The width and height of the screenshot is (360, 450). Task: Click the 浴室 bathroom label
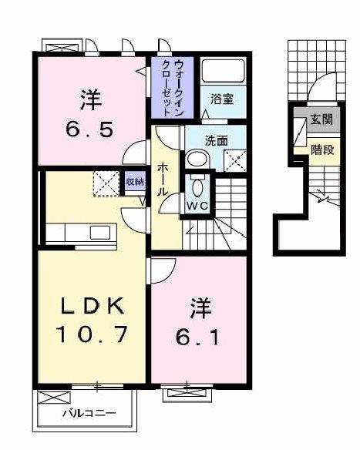click(x=223, y=99)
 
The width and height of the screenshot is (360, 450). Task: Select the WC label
click(x=198, y=207)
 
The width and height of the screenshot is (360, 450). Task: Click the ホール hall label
click(x=163, y=179)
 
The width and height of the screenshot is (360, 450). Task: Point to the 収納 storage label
click(x=134, y=182)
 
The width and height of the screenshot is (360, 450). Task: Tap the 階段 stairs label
click(x=321, y=149)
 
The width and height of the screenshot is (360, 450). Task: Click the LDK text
click(x=90, y=306)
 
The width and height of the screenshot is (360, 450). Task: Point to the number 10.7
click(x=90, y=335)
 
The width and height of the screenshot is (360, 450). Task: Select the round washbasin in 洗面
click(x=197, y=160)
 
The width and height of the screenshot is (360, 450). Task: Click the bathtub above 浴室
click(x=222, y=72)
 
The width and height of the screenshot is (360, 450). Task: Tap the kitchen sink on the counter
click(x=100, y=232)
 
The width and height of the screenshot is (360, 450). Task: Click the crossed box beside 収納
click(x=104, y=183)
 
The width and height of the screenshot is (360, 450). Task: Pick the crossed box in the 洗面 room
click(x=234, y=160)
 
